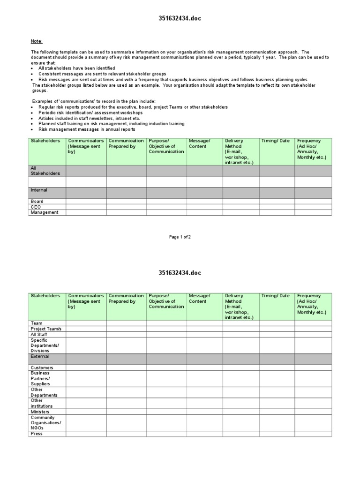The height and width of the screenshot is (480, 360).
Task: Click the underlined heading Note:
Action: click(x=37, y=41)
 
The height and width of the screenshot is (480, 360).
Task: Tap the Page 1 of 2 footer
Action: click(x=180, y=237)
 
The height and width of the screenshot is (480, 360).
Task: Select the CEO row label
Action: click(x=36, y=207)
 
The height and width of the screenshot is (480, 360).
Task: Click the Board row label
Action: click(x=37, y=201)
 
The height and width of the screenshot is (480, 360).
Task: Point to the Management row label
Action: click(x=45, y=212)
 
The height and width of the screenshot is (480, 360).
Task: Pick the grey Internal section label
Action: click(x=39, y=190)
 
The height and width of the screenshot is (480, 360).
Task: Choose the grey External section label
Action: click(x=39, y=356)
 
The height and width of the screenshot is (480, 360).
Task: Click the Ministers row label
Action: click(x=40, y=412)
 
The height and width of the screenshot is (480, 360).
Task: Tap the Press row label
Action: click(x=37, y=434)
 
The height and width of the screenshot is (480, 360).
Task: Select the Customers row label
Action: click(x=42, y=368)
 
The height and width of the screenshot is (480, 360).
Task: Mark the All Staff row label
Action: click(x=39, y=335)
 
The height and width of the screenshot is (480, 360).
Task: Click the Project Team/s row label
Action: click(x=46, y=329)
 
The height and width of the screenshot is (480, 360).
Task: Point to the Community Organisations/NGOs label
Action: click(x=45, y=423)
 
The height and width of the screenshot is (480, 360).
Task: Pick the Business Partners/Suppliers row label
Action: click(x=41, y=379)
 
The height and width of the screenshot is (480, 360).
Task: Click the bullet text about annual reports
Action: click(x=87, y=129)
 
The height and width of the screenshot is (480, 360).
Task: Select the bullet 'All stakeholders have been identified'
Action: click(x=76, y=68)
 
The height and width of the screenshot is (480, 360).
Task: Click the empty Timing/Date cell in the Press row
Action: click(x=277, y=434)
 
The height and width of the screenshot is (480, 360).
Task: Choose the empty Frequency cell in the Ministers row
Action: click(x=313, y=412)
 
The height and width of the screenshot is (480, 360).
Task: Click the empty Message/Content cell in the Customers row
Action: click(x=204, y=368)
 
